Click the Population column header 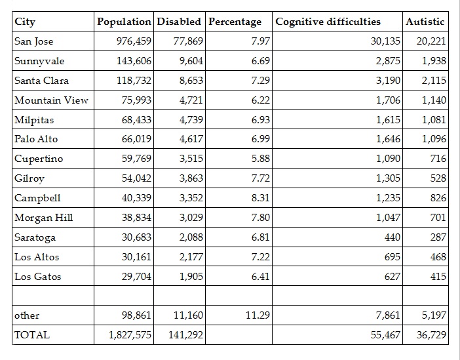coord(125,22)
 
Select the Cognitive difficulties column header coord(328,22)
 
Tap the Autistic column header coord(425,22)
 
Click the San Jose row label coord(34,41)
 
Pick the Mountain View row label coord(51,100)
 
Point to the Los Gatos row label coord(38,277)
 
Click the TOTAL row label coord(32,335)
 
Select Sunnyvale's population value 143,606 coord(133,61)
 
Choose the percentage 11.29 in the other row coord(258,315)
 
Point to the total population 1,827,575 coord(130,335)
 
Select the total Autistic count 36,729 coord(431,335)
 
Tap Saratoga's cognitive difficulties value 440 coord(392,237)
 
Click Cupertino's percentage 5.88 coord(260,159)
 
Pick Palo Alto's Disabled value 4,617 coord(191,139)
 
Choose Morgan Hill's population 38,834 coord(136,218)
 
